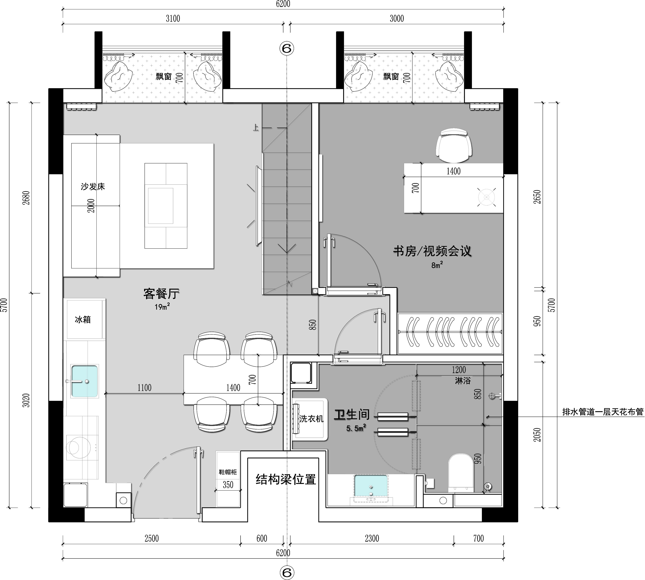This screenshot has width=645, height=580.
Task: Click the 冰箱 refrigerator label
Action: coord(83,320)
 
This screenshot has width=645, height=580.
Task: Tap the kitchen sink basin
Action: coord(85,381)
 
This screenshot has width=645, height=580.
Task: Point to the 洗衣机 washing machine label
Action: coord(311,418)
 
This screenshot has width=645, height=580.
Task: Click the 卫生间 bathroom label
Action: coord(352,415)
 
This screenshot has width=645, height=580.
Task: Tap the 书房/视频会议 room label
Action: coord(432,251)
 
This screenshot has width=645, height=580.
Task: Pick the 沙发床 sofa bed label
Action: coord(93,186)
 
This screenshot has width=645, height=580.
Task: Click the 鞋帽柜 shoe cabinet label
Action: coord(228,472)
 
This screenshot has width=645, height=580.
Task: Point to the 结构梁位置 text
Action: coord(286,479)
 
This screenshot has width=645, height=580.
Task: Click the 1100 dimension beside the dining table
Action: coord(144,388)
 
